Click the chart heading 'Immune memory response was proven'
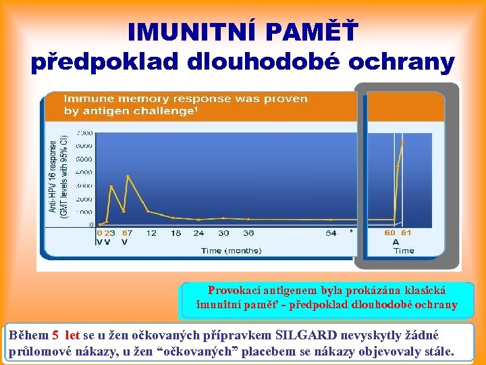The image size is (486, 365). (x=186, y=99)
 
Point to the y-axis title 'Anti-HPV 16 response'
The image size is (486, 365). (x=53, y=176)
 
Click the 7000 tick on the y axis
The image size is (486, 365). (x=85, y=133)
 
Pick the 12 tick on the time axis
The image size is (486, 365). (x=151, y=233)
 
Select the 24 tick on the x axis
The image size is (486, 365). (x=198, y=233)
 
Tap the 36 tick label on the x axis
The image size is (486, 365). (x=248, y=233)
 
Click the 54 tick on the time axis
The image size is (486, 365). (x=331, y=233)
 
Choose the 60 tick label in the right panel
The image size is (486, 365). (x=389, y=233)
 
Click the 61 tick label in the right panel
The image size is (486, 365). (x=406, y=233)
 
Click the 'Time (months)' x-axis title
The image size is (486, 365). (x=231, y=251)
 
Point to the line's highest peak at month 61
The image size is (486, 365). (x=402, y=142)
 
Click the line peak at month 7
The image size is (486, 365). (x=128, y=176)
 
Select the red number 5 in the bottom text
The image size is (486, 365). (x=56, y=335)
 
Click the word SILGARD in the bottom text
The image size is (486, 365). (x=308, y=335)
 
